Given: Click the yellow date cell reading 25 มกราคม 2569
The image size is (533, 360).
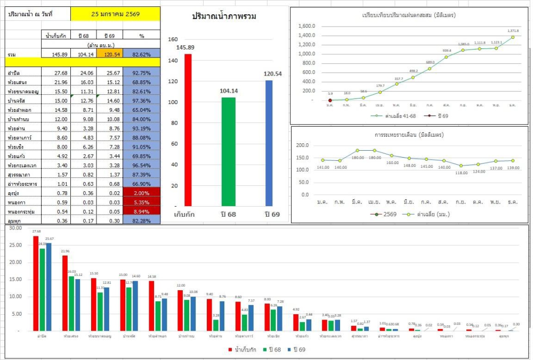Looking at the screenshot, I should tap(115, 14).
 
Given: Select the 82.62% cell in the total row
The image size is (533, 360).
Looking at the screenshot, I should tap(141, 54).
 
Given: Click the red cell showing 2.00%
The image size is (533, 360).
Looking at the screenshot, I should tap(141, 193).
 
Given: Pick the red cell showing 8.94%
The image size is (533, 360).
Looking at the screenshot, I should tap(141, 211).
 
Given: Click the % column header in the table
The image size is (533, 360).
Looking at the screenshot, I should tap(141, 36).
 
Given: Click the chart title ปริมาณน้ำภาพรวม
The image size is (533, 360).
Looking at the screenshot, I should tap(224, 17).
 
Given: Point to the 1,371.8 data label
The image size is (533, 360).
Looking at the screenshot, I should tap(513, 31).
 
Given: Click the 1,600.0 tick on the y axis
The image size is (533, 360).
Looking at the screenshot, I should tap(307, 26).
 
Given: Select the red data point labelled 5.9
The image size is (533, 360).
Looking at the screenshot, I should tap(330, 100).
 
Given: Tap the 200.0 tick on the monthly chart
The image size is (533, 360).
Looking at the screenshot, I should tap(302, 145).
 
